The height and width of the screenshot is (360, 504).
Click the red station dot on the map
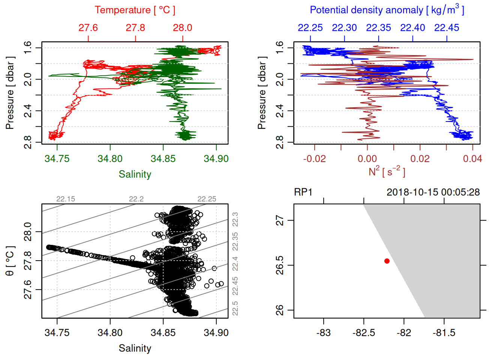[387, 261]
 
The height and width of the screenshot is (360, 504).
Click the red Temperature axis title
[135, 10]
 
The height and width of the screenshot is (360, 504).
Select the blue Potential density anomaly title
[387, 10]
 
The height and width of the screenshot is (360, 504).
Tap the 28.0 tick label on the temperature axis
[182, 28]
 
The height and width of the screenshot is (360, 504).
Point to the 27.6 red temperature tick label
[88, 28]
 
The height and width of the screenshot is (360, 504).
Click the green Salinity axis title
[135, 174]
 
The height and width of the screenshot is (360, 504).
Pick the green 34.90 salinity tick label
[216, 159]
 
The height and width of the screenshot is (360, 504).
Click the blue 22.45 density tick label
[446, 28]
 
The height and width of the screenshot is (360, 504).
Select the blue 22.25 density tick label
[310, 28]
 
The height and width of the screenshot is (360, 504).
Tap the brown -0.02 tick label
[314, 159]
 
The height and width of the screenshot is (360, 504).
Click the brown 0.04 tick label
[472, 159]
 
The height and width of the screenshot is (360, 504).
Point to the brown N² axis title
[387, 171]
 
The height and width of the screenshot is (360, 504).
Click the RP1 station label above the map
[303, 192]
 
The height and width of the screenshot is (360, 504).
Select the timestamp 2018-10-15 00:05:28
[433, 192]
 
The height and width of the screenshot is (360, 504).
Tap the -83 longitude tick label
[323, 333]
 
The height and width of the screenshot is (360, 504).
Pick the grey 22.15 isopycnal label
[66, 199]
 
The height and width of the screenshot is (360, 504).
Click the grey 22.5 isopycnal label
[235, 308]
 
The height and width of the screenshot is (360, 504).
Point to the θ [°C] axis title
[10, 261]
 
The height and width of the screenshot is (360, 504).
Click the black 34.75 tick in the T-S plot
[57, 333]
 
